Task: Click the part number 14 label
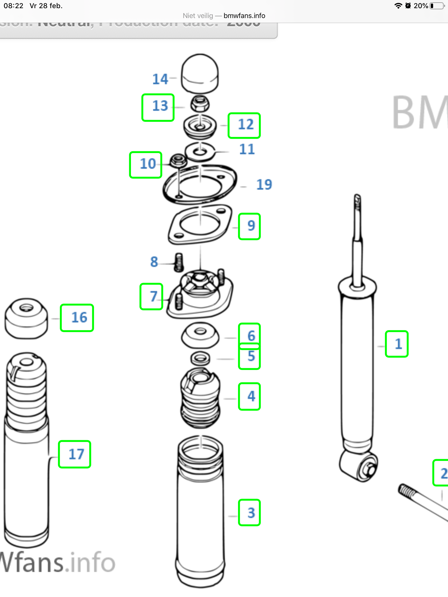[x=160, y=79]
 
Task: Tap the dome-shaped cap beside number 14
[x=200, y=73]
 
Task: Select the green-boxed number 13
[x=158, y=107]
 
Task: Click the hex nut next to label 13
[x=200, y=104]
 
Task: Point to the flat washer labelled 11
[x=200, y=152]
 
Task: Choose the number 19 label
[x=264, y=185]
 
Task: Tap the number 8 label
[x=154, y=262]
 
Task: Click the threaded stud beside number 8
[x=178, y=262]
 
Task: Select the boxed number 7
[x=151, y=296]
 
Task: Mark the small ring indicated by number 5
[x=200, y=359]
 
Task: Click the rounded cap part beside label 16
[x=26, y=318]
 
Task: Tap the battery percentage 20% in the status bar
[x=421, y=6]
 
